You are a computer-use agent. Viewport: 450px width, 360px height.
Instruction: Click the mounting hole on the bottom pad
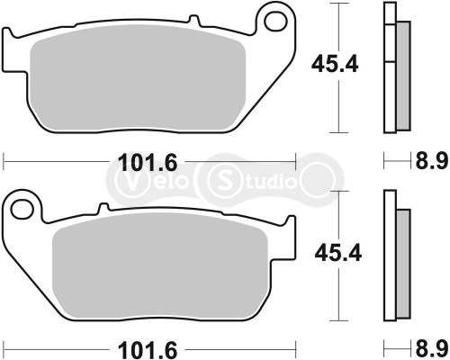[23, 209]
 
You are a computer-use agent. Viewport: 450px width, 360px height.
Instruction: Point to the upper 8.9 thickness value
[430, 163]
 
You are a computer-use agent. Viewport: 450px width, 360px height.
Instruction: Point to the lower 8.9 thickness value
[430, 347]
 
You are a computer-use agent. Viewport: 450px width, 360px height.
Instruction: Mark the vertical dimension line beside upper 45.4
[338, 99]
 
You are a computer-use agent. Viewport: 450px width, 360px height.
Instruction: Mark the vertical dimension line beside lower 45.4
[338, 297]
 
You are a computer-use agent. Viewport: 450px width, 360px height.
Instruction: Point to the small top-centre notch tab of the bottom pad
[103, 209]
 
